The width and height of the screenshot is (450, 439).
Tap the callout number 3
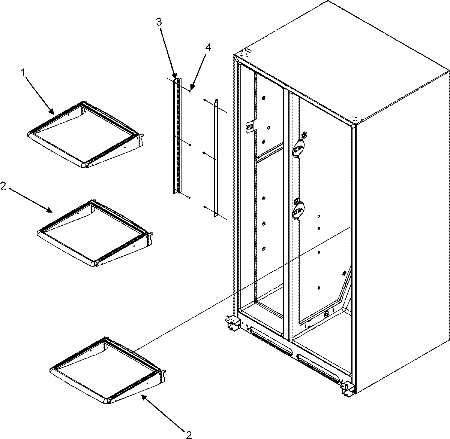pyautogui.click(x=159, y=22)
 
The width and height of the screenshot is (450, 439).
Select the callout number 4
pyautogui.click(x=208, y=48)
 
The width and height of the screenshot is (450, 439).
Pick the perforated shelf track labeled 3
pyautogui.click(x=177, y=137)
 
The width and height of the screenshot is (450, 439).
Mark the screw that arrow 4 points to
pyautogui.click(x=191, y=91)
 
